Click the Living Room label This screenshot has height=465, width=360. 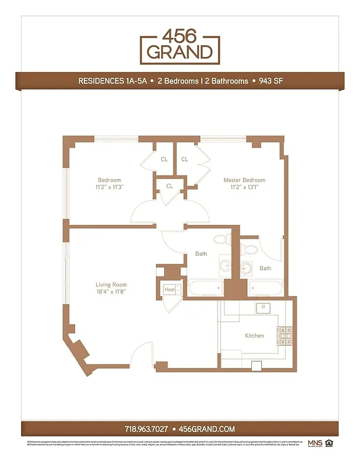[x=111, y=285]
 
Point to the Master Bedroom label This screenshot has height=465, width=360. [x=244, y=180]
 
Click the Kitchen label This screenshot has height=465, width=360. [x=254, y=335]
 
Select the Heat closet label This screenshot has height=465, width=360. [x=169, y=289]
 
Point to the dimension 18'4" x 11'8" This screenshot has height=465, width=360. [x=111, y=292]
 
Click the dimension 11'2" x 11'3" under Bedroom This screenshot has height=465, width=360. [x=109, y=187]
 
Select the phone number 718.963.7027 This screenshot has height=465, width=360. [x=146, y=429]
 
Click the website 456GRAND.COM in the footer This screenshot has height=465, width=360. [x=206, y=429]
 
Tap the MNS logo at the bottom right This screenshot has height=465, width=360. [x=315, y=443]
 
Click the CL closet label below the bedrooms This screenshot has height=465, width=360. [x=169, y=186]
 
